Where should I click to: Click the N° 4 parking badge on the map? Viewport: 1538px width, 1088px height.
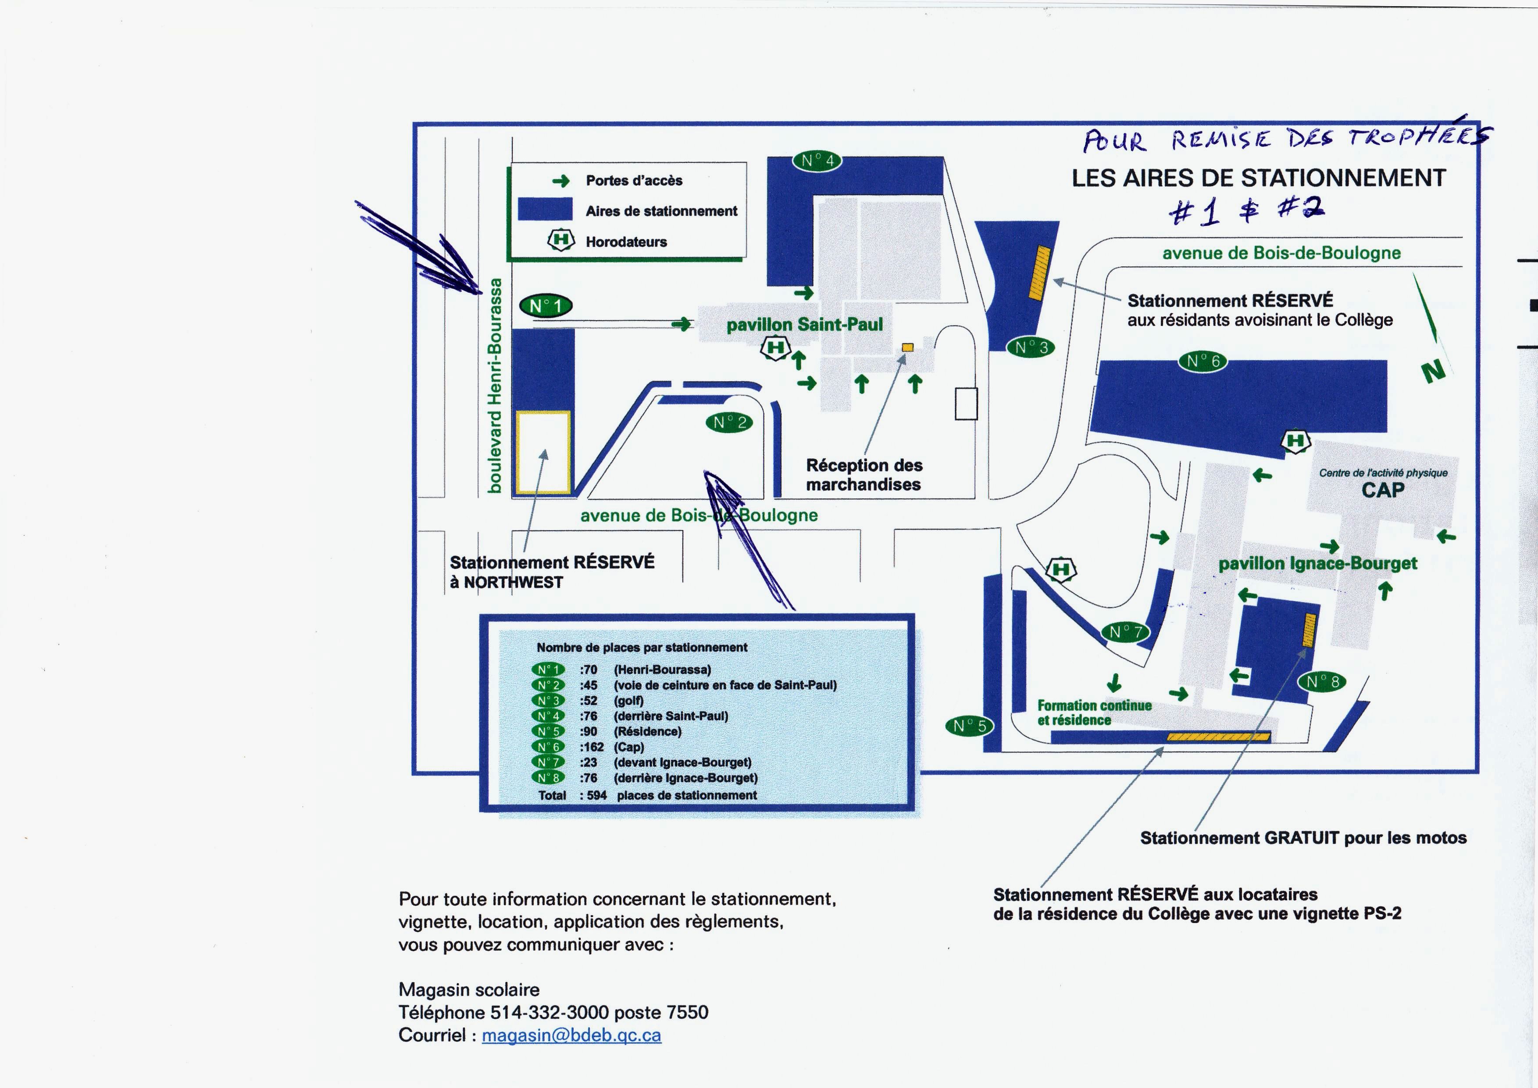(x=817, y=161)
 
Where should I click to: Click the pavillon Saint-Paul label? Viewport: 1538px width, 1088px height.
(x=804, y=325)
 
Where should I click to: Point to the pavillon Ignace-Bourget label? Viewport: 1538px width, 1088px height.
(x=1317, y=563)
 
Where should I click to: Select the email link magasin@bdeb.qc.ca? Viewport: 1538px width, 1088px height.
(x=571, y=1035)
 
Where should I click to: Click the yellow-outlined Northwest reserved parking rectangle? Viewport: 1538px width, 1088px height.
(x=542, y=453)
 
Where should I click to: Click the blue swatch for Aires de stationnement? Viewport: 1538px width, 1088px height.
(x=545, y=209)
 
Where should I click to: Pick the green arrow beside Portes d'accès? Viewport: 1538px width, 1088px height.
(x=560, y=181)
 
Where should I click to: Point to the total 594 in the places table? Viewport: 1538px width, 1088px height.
(x=596, y=795)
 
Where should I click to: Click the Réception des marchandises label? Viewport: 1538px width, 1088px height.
(x=864, y=474)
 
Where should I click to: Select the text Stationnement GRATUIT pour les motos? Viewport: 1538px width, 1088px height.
(x=1303, y=838)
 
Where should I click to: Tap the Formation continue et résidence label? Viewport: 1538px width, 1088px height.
(x=1094, y=713)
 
